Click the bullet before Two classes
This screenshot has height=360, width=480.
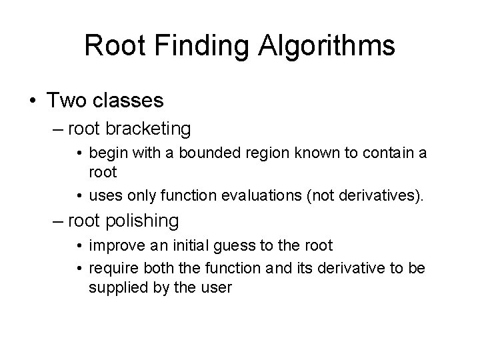33,101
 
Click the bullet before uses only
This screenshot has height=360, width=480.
80,195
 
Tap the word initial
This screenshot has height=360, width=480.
189,246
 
